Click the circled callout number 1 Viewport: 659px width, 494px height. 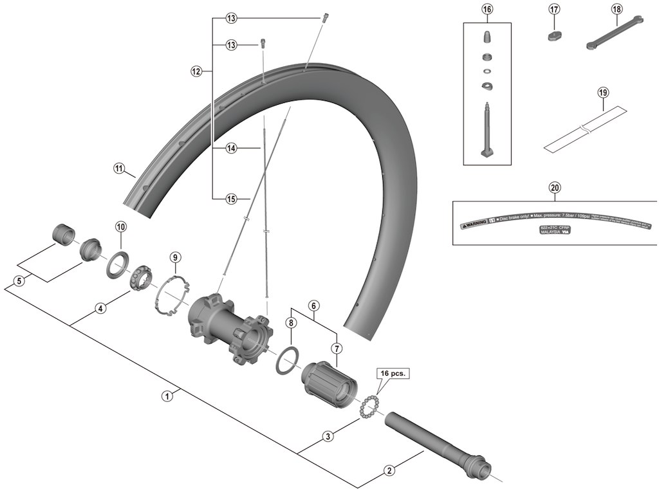coord(167,396)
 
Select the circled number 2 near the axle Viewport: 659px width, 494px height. coord(388,470)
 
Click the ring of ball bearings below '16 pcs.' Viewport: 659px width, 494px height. coord(368,407)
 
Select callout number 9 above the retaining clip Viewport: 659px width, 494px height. coord(174,257)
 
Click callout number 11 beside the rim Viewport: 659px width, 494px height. coord(118,169)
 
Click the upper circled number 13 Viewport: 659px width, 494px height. coord(232,18)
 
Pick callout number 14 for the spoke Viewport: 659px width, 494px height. coord(232,148)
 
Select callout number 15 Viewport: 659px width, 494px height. coord(232,199)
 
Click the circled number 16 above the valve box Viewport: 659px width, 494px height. coord(487,9)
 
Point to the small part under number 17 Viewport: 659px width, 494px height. coord(555,34)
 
